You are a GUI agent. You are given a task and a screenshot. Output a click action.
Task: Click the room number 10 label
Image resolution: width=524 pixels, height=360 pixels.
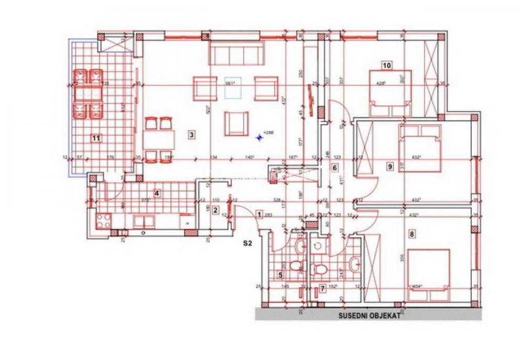coord(387,66)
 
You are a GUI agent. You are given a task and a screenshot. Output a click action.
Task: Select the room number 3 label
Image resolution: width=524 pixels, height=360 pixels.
coord(192,135)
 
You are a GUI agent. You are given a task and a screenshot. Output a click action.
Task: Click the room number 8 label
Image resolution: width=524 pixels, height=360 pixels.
coord(412,235)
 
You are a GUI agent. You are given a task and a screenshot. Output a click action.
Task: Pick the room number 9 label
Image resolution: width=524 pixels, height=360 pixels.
coord(390,167)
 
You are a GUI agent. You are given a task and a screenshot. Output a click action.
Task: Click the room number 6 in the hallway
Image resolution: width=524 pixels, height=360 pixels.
coord(334,168)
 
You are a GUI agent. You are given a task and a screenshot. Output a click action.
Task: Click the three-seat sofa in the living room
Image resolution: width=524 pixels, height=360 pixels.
coord(236,54)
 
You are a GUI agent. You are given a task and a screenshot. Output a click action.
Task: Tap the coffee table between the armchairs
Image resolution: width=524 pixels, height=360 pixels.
coord(234,89)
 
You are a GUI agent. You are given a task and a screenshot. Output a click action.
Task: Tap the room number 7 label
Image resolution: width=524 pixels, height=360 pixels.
coord(322,288)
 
